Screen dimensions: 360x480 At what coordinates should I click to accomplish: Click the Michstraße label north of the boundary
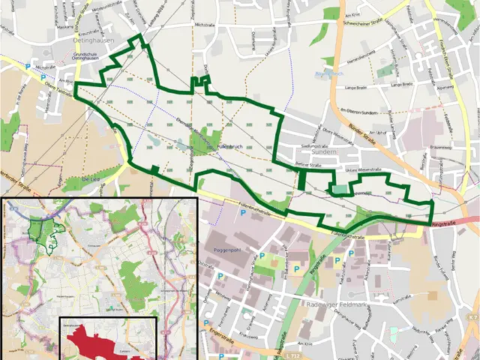(x=204, y=25)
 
